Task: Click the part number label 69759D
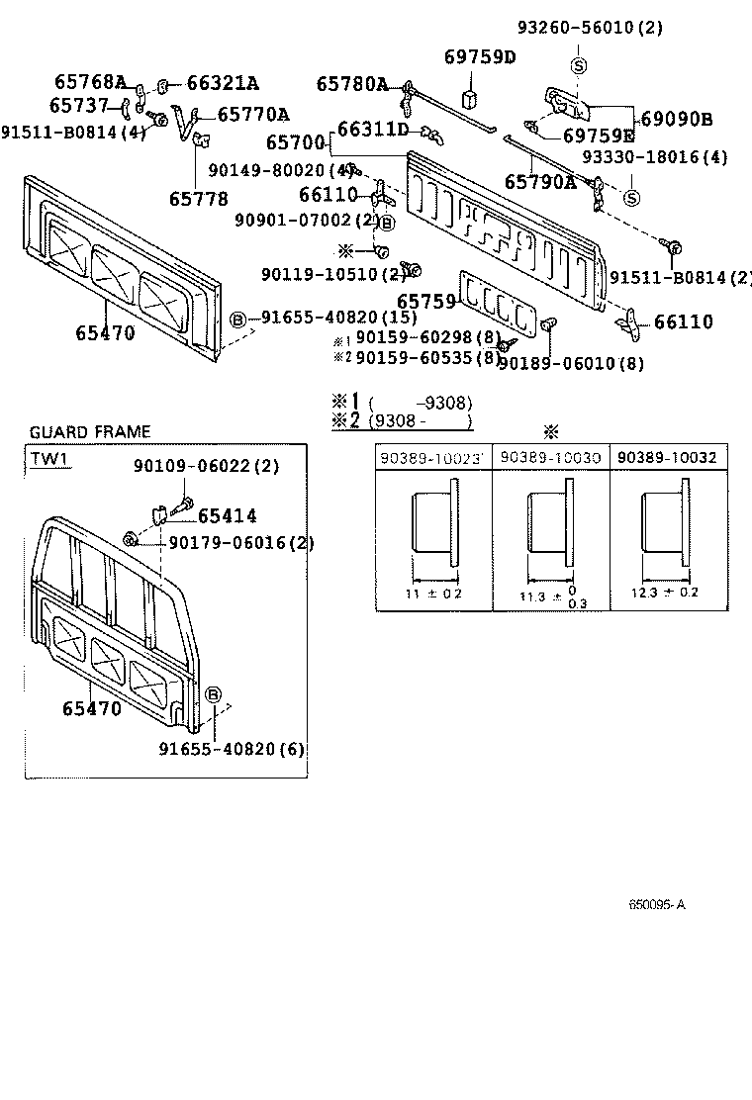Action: [480, 56]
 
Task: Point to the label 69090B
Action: [677, 119]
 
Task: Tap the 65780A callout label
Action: [352, 85]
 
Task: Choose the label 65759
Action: [426, 301]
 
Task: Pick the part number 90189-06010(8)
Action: [570, 364]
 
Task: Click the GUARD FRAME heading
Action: [90, 432]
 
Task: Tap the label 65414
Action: [227, 515]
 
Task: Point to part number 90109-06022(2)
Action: [206, 466]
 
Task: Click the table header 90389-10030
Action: [550, 457]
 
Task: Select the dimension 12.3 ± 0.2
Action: [665, 593]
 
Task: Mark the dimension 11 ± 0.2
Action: [434, 594]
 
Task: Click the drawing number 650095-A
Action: [657, 905]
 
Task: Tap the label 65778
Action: [198, 198]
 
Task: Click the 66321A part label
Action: [222, 83]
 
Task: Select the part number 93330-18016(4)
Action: [654, 157]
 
